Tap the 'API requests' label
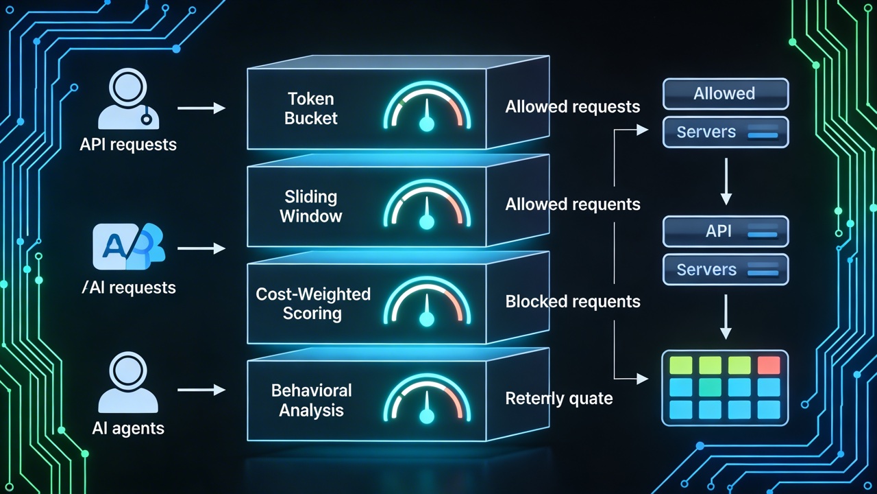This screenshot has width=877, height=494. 128,145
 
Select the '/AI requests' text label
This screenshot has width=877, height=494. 128,287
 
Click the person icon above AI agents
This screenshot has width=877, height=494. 128,384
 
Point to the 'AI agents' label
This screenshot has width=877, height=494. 128,429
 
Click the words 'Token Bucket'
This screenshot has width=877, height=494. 311,108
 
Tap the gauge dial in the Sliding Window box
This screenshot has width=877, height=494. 428,206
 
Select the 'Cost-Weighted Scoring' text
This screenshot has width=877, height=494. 312,304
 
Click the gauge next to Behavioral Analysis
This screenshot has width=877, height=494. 428,401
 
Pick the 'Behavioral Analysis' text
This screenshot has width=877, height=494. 312,401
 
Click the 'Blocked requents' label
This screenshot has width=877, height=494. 573,302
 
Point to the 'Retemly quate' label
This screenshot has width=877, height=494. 559,399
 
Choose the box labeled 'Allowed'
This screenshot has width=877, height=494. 725,94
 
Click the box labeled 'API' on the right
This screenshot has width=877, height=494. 725,232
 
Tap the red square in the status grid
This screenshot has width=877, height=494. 769,365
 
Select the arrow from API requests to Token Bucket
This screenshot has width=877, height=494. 201,108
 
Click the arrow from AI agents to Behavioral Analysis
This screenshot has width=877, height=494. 201,390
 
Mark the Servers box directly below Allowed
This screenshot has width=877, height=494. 725,132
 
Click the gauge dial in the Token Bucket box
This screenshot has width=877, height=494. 428,109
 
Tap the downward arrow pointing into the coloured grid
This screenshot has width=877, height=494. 726,320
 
